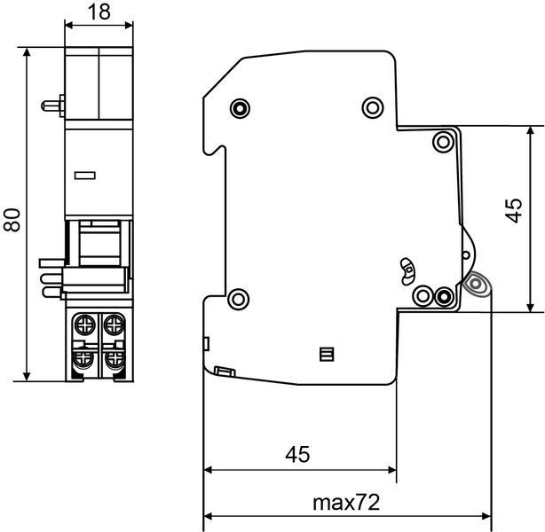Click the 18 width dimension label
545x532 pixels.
[99, 12]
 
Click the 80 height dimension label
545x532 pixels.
[12, 220]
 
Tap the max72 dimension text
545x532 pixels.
[346, 503]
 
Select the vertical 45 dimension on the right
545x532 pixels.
[514, 210]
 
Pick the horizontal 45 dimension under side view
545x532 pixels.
[297, 454]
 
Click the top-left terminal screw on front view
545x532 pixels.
[84, 325]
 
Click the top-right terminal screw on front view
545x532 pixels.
[114, 325]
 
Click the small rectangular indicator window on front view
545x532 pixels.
[85, 176]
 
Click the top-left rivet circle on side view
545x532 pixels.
[240, 108]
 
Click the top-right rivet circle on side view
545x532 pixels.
[373, 107]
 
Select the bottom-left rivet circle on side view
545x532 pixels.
[238, 299]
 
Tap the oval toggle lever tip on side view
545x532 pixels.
[476, 284]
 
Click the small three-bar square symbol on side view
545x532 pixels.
[327, 354]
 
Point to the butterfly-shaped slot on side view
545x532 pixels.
[407, 270]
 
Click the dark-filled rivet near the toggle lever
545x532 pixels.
[444, 296]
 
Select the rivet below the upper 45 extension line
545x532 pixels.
[444, 142]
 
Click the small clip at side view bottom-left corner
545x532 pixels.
[225, 372]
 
